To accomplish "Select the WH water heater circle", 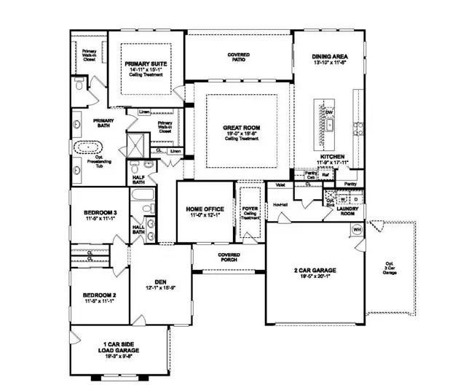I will click(358, 229).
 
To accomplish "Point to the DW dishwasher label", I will click(328, 111).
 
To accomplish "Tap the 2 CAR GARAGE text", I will click(315, 271).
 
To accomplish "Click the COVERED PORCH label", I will click(229, 257).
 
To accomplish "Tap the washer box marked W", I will click(342, 198).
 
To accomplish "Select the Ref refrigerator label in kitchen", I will click(326, 176).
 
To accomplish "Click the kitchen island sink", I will click(329, 125).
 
